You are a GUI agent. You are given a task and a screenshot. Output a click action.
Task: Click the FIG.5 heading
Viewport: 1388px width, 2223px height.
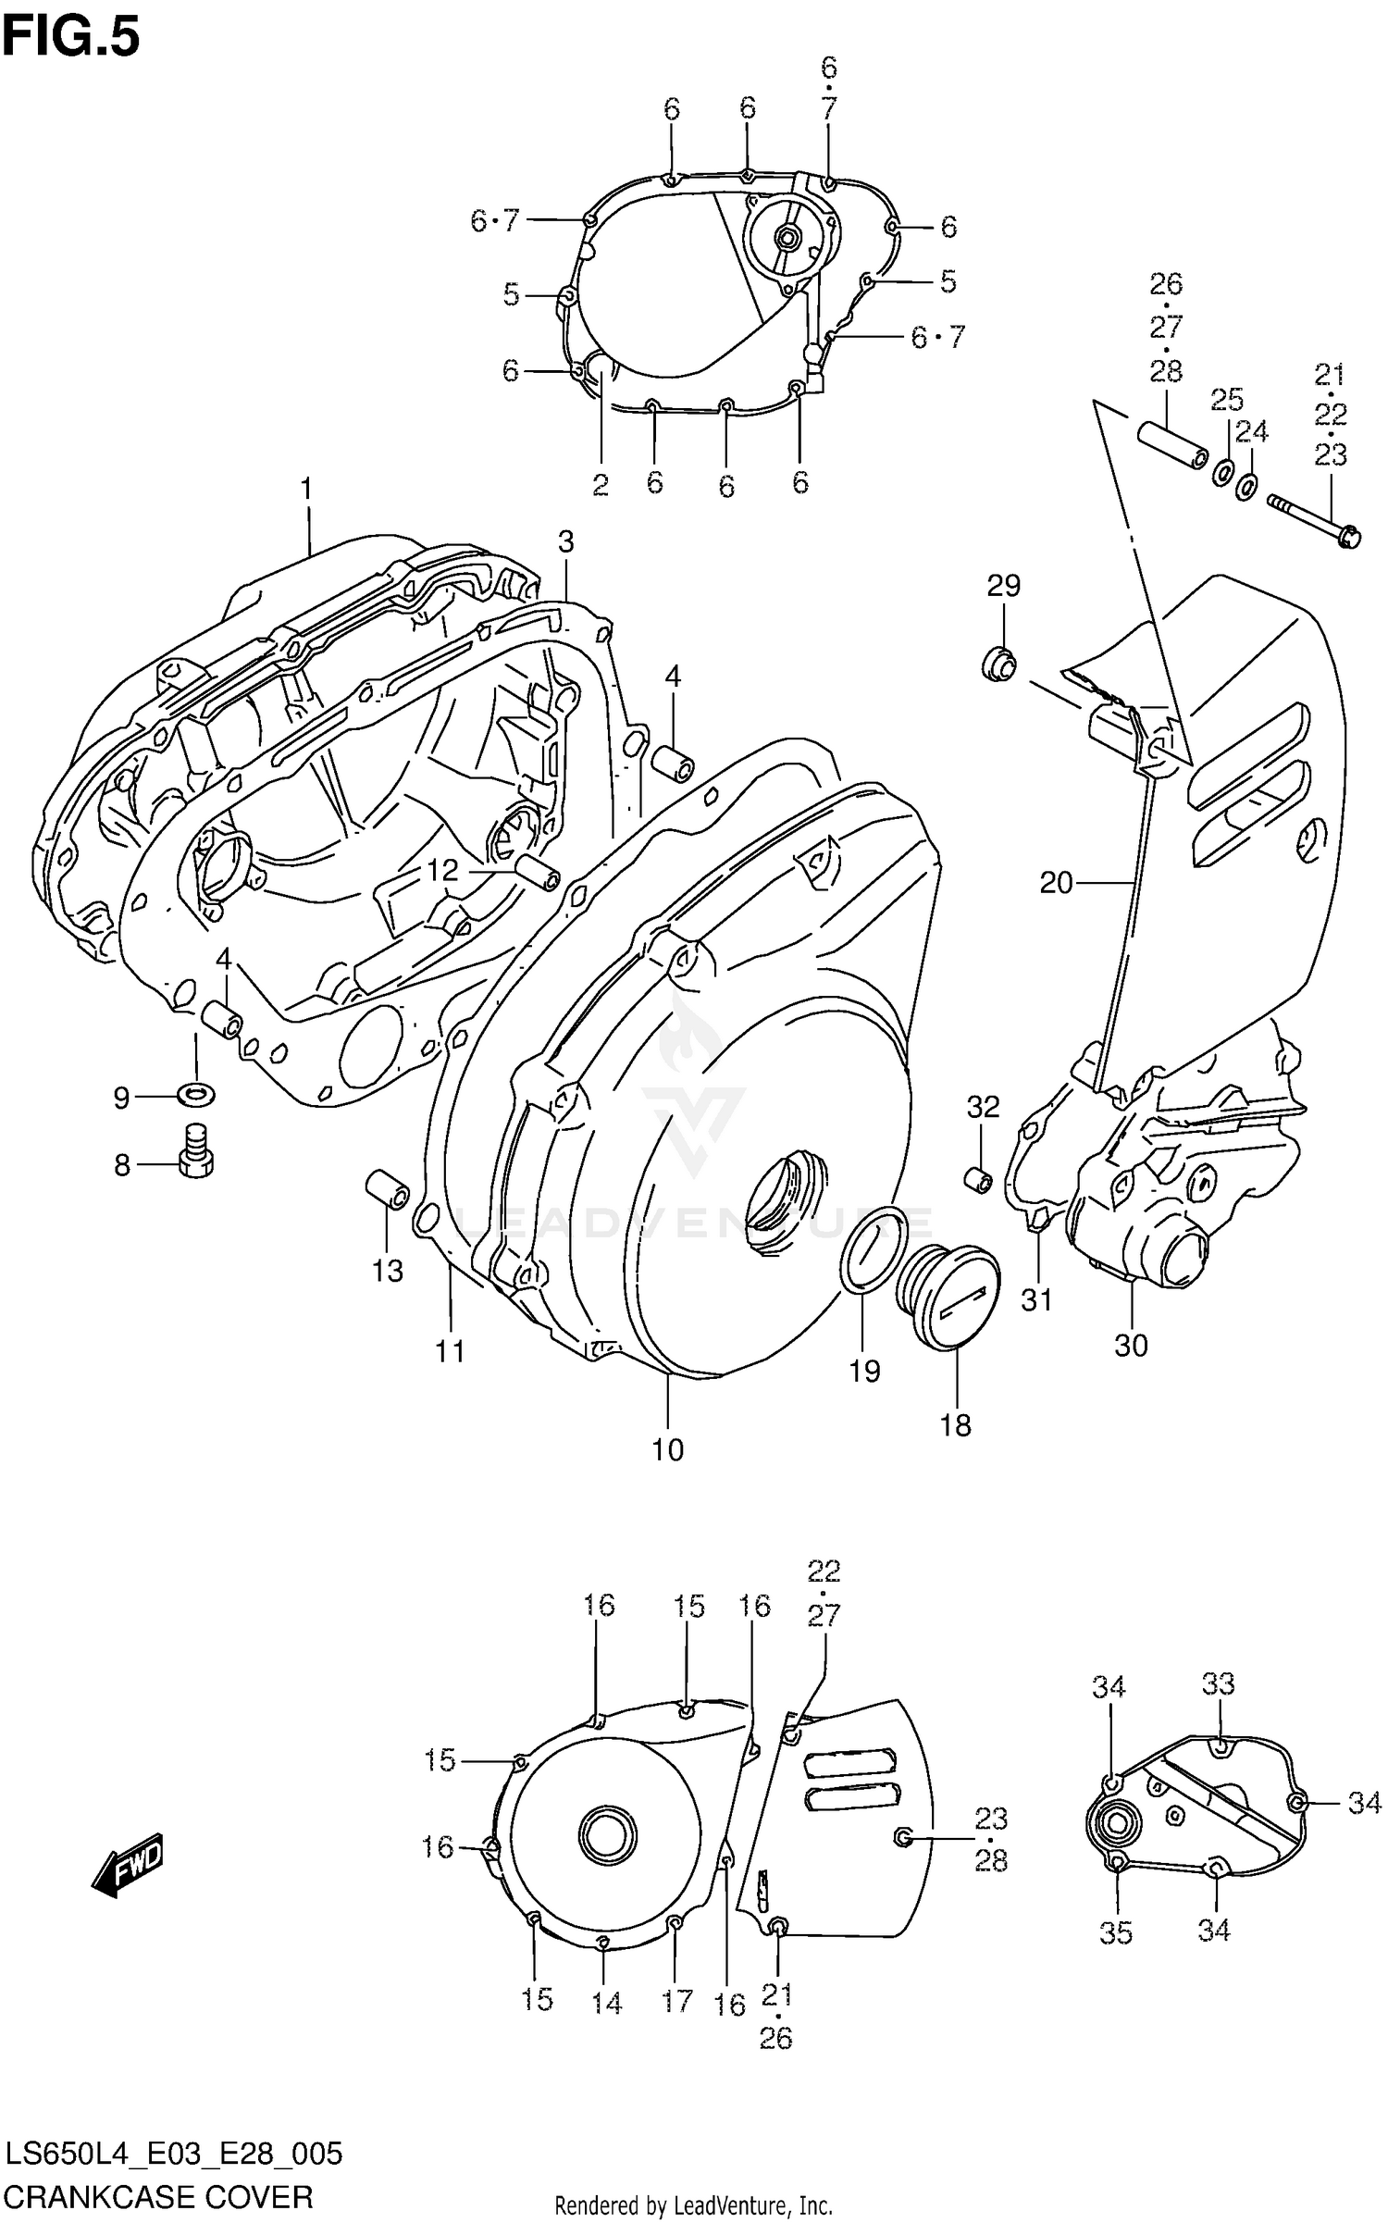[x=71, y=38]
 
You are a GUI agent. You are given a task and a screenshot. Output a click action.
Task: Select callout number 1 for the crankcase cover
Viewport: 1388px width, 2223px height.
[x=306, y=489]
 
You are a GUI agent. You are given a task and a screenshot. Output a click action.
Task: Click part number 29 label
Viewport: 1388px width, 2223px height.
[x=1003, y=585]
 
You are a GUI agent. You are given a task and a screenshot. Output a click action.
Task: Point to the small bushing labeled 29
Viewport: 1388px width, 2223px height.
[x=999, y=664]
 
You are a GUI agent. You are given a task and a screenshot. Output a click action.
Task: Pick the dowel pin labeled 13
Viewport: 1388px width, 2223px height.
[x=388, y=1189]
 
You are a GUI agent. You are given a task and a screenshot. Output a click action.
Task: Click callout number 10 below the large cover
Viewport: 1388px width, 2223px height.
[x=667, y=1450]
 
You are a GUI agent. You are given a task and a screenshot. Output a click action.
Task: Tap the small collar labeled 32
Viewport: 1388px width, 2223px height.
[x=979, y=1180]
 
